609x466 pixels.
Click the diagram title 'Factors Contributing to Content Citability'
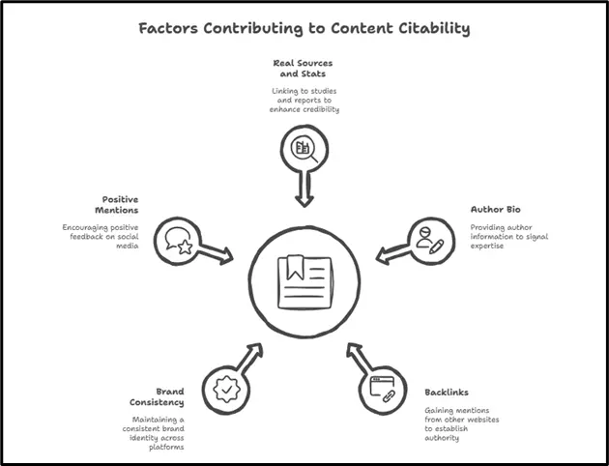point(304,28)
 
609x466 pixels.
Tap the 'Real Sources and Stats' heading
point(304,69)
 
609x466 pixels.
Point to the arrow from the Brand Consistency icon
point(250,359)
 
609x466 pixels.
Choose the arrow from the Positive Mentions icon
point(217,253)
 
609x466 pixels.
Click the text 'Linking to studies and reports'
point(304,100)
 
